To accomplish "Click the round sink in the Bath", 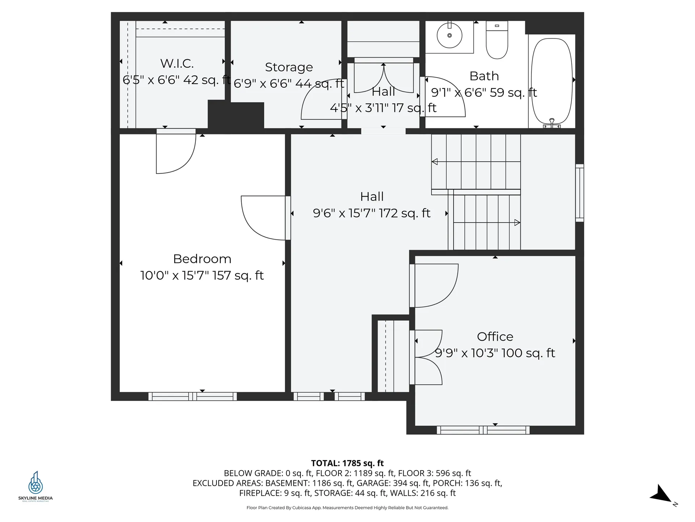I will click(449, 36).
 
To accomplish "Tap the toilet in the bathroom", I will click(497, 41).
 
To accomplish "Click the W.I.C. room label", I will click(177, 63).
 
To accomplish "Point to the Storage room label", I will click(288, 67).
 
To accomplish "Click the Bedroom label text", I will click(202, 259).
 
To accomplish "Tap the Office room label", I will click(495, 336).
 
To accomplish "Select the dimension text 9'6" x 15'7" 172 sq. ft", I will click(371, 213).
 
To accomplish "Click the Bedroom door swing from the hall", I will click(264, 217).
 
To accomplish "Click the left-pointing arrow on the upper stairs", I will click(435, 162).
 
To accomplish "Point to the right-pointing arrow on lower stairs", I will click(517, 223).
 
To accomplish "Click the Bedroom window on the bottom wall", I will click(193, 396).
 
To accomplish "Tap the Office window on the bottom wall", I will click(483, 430).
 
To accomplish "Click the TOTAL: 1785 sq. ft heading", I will click(347, 463).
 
